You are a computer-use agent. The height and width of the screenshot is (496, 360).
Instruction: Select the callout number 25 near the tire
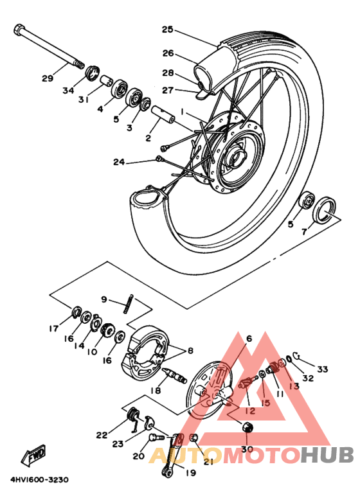[x=168, y=30]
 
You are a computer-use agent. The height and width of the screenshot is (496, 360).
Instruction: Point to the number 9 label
[x=103, y=299]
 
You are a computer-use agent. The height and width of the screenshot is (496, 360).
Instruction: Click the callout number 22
[x=102, y=435]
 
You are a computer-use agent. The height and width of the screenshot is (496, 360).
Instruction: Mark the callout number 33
[x=322, y=369]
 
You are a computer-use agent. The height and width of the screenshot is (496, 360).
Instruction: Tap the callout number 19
[x=190, y=474]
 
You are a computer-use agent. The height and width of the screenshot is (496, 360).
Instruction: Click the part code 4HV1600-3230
[x=39, y=480]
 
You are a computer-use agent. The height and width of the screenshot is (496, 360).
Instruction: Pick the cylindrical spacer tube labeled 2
[x=165, y=120]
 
